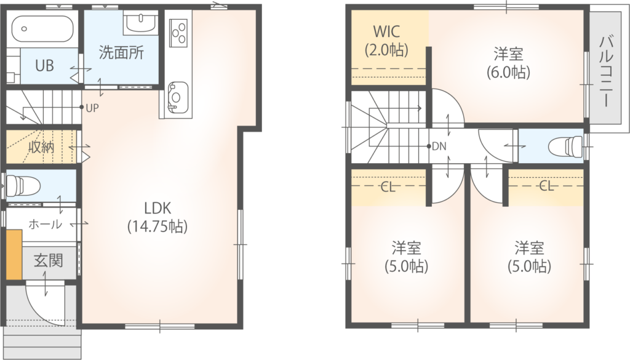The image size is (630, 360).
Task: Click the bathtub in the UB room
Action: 42,29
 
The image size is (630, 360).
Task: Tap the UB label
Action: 44,65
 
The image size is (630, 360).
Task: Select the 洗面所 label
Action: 121,53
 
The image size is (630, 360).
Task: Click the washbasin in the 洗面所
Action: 140,22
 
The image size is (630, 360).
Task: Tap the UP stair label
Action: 92,108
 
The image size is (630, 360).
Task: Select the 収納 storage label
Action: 41,148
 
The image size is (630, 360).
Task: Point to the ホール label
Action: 45,224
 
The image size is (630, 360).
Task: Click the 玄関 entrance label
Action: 48,261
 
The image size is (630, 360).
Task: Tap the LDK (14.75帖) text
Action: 157,217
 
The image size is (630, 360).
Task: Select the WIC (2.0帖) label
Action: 386,41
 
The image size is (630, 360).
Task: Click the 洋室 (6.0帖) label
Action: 508,63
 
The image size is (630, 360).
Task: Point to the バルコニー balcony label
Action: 607,71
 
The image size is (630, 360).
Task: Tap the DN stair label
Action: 439,146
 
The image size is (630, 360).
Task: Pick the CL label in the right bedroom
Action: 546,186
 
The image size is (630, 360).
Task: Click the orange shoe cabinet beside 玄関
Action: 14,254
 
